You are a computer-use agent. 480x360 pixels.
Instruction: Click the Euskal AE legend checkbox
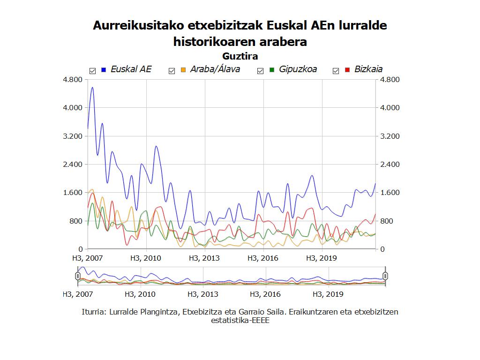tap(92, 71)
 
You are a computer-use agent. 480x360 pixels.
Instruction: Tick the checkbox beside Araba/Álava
tap(172, 71)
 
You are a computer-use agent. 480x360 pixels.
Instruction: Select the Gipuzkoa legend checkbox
tap(261, 71)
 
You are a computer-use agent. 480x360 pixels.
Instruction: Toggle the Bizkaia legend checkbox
tap(336, 71)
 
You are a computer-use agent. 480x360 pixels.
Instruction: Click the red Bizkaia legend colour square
tap(347, 70)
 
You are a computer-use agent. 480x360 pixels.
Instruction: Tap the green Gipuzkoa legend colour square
tap(272, 70)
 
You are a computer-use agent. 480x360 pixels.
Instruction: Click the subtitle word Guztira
tap(240, 56)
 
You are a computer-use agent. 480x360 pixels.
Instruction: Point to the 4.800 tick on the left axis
tap(73, 80)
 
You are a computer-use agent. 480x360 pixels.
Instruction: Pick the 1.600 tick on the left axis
tap(73, 193)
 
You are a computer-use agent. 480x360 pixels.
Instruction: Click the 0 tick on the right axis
tap(382, 249)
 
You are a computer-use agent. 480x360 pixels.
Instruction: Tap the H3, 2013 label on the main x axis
tap(204, 258)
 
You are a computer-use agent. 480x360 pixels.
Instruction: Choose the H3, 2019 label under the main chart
tap(321, 258)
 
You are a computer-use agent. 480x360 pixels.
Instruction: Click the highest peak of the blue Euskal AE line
tap(92, 88)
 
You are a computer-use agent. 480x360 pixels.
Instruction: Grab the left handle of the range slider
tap(78, 276)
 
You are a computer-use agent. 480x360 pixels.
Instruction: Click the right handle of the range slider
tap(385, 276)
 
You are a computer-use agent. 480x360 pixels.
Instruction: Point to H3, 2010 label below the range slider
tap(140, 294)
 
